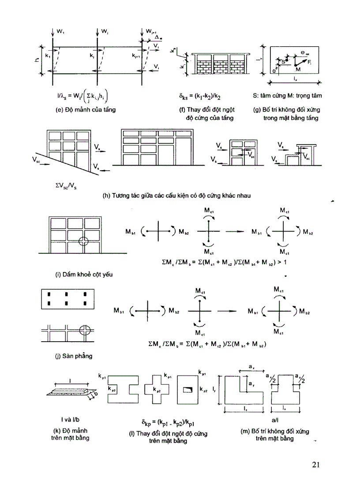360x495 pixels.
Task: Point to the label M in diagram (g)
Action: [298, 70]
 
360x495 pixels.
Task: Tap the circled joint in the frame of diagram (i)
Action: [84, 242]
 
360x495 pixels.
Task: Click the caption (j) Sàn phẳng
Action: [64, 357]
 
